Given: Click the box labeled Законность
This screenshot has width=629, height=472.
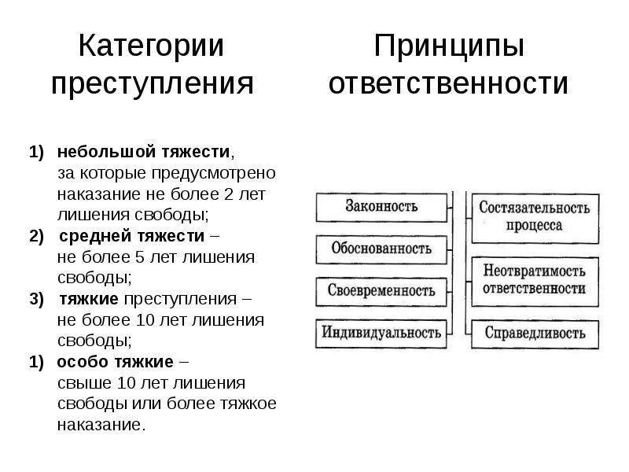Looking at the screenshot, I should tap(381, 207).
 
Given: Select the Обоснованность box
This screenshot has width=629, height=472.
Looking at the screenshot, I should tap(381, 249).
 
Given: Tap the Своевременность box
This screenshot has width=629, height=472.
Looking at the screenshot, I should tap(381, 290).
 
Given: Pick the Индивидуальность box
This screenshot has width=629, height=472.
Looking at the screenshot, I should tap(381, 332).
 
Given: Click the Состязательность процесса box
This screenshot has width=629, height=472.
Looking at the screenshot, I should tap(534, 216).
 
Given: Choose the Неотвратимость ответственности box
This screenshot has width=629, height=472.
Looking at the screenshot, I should tap(534, 279).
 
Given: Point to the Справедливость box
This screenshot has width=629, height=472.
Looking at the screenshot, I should tap(534, 333).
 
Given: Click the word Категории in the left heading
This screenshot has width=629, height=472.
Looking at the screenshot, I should tap(152, 46).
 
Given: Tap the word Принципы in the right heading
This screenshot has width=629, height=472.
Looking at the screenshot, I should tap(448, 46).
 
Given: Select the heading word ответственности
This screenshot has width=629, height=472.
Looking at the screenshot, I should tap(448, 83).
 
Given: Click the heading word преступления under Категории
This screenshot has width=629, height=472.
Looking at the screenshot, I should tap(152, 83).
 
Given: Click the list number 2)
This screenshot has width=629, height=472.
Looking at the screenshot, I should tap(38, 236).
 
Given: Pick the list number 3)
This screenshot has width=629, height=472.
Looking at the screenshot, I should tap(38, 299).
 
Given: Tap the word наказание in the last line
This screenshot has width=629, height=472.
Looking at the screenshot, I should tap(100, 426).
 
